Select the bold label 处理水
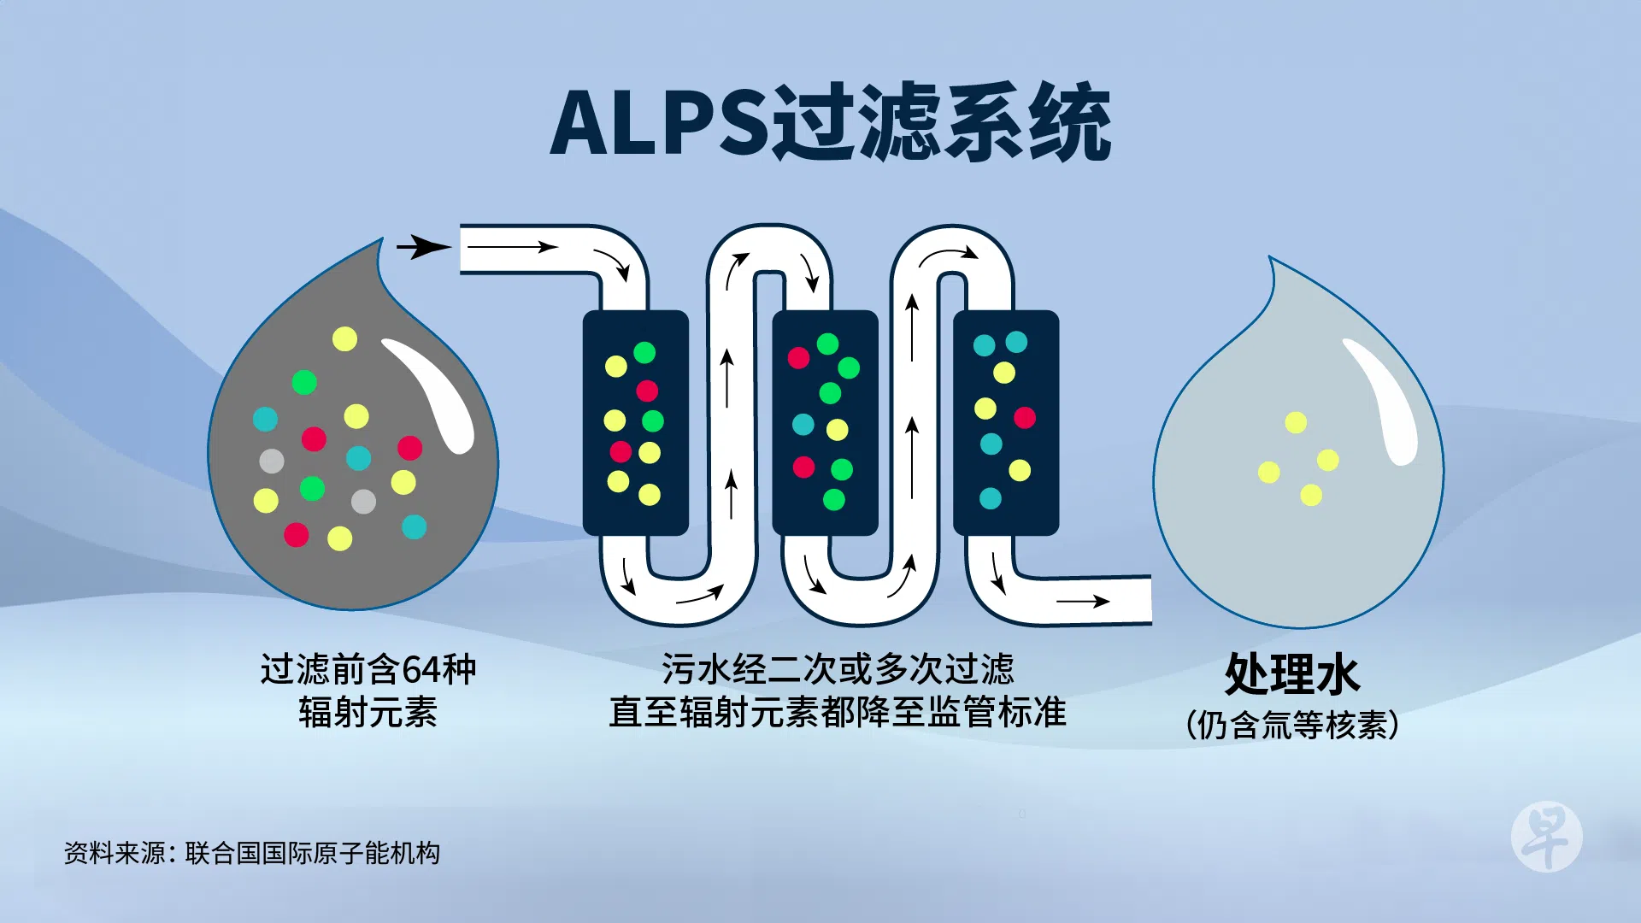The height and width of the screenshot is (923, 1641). (x=1291, y=674)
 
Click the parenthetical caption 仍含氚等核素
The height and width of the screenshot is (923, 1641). (x=1291, y=726)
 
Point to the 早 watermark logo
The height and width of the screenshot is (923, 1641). (x=1546, y=837)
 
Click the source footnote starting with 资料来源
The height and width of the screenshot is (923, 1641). (x=252, y=853)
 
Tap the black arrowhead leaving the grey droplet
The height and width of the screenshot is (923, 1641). (x=425, y=247)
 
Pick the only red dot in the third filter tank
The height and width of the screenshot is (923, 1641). (x=1025, y=417)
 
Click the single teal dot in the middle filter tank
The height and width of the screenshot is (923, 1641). (x=803, y=424)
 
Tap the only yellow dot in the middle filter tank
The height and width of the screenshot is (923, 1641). (x=838, y=429)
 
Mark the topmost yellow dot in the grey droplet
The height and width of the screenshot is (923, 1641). (x=344, y=339)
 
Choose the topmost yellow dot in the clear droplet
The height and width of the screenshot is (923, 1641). (x=1296, y=422)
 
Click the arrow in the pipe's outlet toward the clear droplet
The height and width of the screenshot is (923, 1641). (x=1083, y=602)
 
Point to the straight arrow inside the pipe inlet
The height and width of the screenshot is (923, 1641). (x=513, y=247)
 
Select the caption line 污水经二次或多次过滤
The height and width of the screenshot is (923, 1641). (x=838, y=669)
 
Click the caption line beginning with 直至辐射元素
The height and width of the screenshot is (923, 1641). (x=838, y=712)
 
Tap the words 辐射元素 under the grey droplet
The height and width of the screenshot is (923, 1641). (x=368, y=712)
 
